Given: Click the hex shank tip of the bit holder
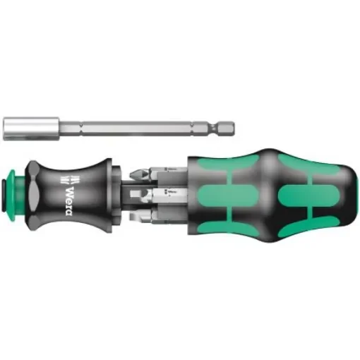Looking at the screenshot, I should coord(227,128).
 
